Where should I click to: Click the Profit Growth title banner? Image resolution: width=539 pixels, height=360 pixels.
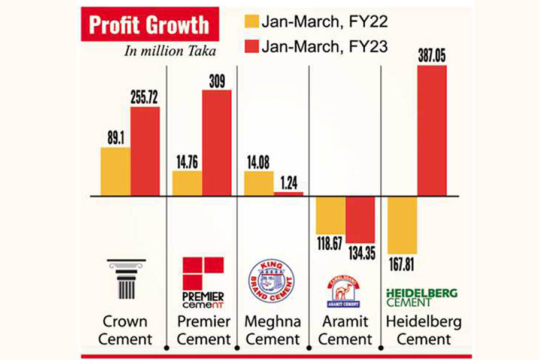(149, 25)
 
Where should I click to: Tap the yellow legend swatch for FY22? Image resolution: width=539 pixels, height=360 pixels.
(252, 22)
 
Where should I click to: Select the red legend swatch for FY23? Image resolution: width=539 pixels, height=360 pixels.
(252, 47)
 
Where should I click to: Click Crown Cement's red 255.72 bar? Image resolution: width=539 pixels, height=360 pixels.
(145, 151)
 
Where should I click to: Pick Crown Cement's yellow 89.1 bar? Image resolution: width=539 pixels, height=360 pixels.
(115, 171)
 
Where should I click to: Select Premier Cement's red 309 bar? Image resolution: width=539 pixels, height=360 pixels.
(216, 143)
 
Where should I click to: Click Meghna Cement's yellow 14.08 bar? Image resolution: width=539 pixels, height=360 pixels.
(259, 183)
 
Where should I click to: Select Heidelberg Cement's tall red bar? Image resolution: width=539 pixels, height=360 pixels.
(431, 130)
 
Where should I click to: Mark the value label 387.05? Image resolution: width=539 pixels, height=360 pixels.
(431, 56)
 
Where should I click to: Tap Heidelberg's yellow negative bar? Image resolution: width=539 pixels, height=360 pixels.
(402, 225)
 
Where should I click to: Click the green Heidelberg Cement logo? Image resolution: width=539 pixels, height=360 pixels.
(421, 297)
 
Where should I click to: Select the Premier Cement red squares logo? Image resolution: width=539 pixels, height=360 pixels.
(203, 273)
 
